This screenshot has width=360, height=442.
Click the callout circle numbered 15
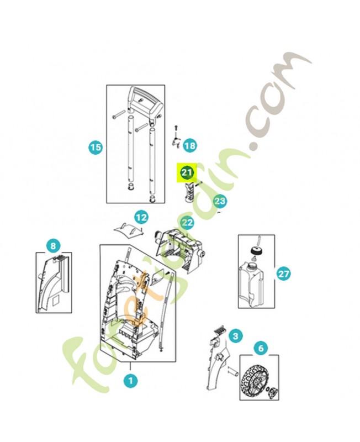point(96,147)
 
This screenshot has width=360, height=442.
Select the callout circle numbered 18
point(190,146)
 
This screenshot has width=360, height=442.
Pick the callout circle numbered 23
point(220,201)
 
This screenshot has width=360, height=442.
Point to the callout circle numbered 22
point(188,223)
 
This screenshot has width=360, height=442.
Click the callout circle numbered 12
point(141,217)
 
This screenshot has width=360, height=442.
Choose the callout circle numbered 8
point(53,246)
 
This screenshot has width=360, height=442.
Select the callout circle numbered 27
point(283,273)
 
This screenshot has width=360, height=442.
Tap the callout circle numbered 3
point(235,336)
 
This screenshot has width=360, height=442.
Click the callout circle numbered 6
point(261,348)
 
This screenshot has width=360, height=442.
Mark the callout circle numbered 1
point(130,381)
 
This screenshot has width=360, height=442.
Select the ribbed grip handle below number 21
point(188,192)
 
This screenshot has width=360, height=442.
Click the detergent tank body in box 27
point(252,285)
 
